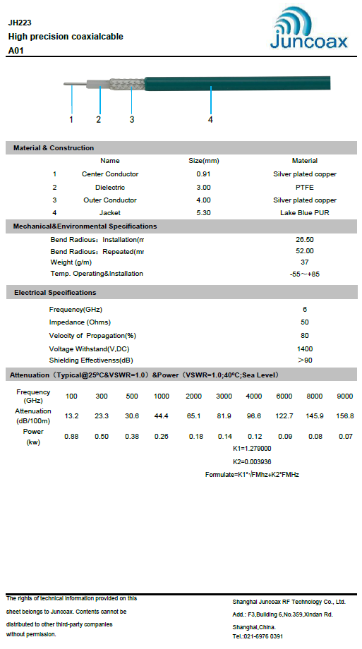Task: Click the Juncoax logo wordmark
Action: [x=308, y=42]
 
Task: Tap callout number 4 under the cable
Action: [x=210, y=119]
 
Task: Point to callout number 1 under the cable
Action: [x=71, y=119]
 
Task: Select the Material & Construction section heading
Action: [x=54, y=147]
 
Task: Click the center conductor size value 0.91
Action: [x=203, y=174]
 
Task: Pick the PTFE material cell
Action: [x=304, y=187]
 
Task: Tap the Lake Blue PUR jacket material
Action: [x=304, y=212]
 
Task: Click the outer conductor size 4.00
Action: [x=203, y=200]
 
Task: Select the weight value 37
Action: [x=305, y=262]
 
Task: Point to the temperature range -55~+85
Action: [x=305, y=274]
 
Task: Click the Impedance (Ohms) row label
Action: [x=80, y=322]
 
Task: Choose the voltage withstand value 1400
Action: [x=305, y=348]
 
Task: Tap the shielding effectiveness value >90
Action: [x=305, y=360]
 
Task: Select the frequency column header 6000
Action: [x=284, y=396]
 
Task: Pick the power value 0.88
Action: [x=71, y=437]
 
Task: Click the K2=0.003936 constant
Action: [x=252, y=461]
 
